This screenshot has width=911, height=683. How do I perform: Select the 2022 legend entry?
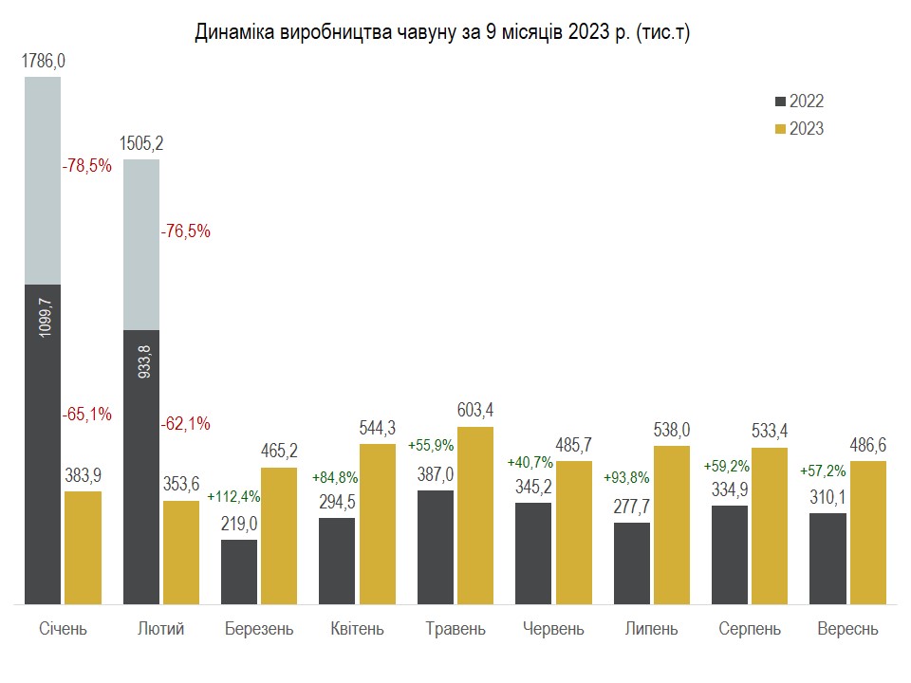799,102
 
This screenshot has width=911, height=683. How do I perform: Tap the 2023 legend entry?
799,129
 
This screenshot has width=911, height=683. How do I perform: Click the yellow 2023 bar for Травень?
474,515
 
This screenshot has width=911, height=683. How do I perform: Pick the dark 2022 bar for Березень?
239,571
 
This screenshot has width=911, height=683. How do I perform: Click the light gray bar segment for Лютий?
141,245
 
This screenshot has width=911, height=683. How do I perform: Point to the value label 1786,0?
44,62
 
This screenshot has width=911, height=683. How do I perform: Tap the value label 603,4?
474,411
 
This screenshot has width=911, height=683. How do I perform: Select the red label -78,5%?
86,166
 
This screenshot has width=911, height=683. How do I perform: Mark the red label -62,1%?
185,423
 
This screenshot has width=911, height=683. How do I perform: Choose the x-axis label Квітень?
357,629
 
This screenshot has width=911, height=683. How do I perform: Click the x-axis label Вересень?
847,629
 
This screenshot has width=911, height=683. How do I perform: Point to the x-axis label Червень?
554,629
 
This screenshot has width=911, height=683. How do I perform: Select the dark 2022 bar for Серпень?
730,554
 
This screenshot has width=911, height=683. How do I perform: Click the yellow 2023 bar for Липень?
671,525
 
